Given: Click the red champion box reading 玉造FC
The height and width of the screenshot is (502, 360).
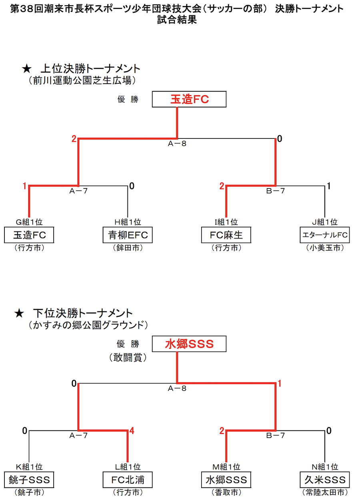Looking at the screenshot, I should click(x=189, y=99).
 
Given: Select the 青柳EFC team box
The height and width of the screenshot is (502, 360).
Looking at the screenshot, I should click(x=128, y=235).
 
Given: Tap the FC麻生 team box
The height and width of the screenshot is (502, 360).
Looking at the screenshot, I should click(x=226, y=235).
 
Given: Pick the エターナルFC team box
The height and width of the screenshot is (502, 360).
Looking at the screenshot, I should click(x=324, y=235).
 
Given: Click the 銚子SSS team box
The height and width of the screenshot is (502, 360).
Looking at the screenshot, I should click(x=29, y=479).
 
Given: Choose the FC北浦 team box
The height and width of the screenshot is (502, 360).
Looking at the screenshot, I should click(x=128, y=479).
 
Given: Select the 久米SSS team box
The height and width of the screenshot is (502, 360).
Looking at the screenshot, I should click(x=324, y=479).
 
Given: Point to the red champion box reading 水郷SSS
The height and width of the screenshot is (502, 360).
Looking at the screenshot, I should click(x=189, y=344).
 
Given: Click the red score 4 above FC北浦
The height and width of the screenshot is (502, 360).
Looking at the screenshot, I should click(x=131, y=431).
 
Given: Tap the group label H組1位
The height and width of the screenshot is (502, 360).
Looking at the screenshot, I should click(x=128, y=222).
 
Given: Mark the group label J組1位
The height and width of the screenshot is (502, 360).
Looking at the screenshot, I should click(x=324, y=222).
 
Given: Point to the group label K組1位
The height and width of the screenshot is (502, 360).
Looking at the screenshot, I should click(x=29, y=466).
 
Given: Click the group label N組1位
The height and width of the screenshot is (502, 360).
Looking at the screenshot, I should click(x=324, y=466).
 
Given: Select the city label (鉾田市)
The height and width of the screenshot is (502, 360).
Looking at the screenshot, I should click(x=128, y=248).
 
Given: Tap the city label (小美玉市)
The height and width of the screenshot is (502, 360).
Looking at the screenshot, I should click(x=324, y=248).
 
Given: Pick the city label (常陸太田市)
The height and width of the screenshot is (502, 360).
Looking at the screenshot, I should click(x=324, y=492).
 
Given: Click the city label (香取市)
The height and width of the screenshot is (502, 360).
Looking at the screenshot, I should click(x=226, y=492).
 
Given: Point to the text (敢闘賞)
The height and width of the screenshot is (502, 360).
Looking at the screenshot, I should click(x=128, y=357).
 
